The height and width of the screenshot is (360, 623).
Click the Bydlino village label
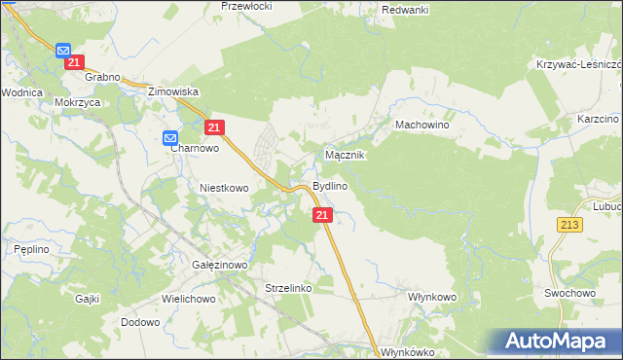click(330, 186)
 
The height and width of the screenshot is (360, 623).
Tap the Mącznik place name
click(344, 155)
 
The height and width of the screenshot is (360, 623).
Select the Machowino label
click(421, 126)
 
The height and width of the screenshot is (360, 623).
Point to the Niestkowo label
click(224, 188)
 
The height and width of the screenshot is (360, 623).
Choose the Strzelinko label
click(288, 288)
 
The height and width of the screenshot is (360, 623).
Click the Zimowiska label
click(172, 90)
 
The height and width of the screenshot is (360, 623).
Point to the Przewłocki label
click(246, 6)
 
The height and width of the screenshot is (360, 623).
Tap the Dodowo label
click(139, 322)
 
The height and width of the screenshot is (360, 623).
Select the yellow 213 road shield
click(570, 225)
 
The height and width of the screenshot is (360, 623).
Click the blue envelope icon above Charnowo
click(169, 138)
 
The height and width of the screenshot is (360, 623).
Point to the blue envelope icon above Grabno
click(63, 50)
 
